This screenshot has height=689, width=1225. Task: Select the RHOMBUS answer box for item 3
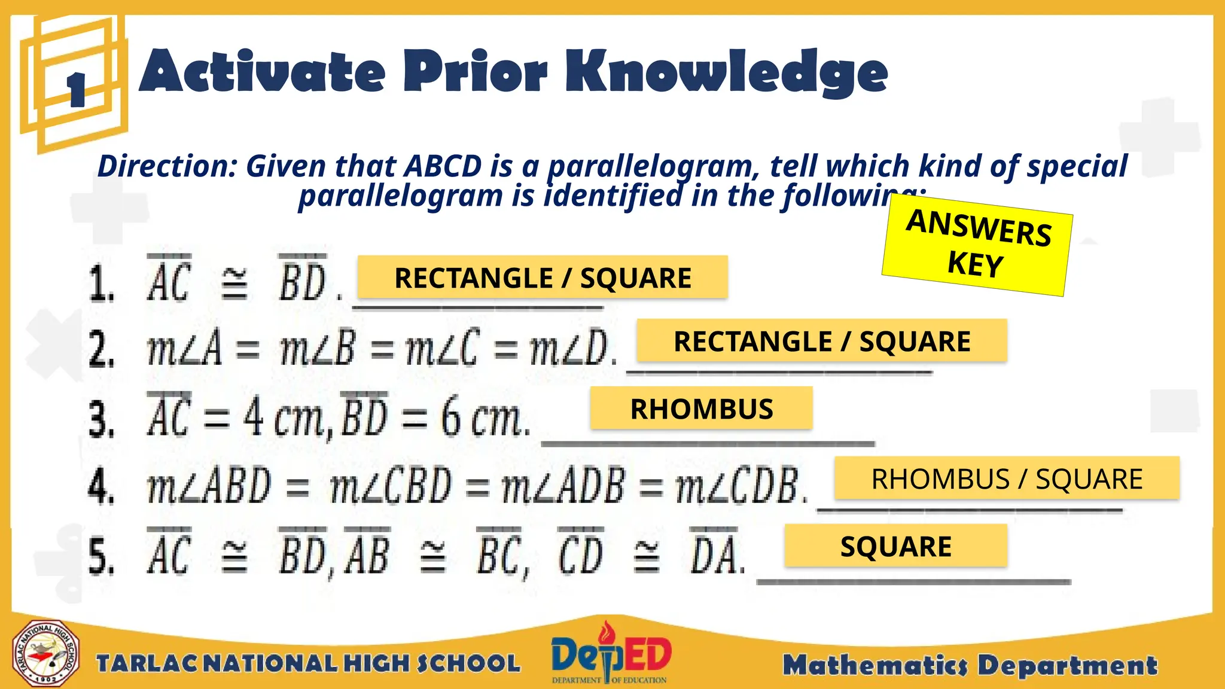coord(701,408)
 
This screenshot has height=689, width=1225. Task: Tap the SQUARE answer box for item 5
coord(895,546)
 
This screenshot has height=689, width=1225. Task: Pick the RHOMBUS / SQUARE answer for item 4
coord(1006,478)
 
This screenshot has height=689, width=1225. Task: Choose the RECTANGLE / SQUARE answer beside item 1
coord(543,278)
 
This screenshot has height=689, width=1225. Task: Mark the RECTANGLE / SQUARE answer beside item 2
coord(822,341)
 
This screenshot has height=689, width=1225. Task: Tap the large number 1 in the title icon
coord(76,90)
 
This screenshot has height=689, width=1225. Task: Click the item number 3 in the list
coord(101,419)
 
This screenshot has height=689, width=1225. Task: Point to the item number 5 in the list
coord(101,556)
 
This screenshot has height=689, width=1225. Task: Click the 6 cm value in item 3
coord(483,418)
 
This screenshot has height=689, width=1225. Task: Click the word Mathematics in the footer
coord(875,665)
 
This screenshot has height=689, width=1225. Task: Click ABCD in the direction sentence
coord(443,166)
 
